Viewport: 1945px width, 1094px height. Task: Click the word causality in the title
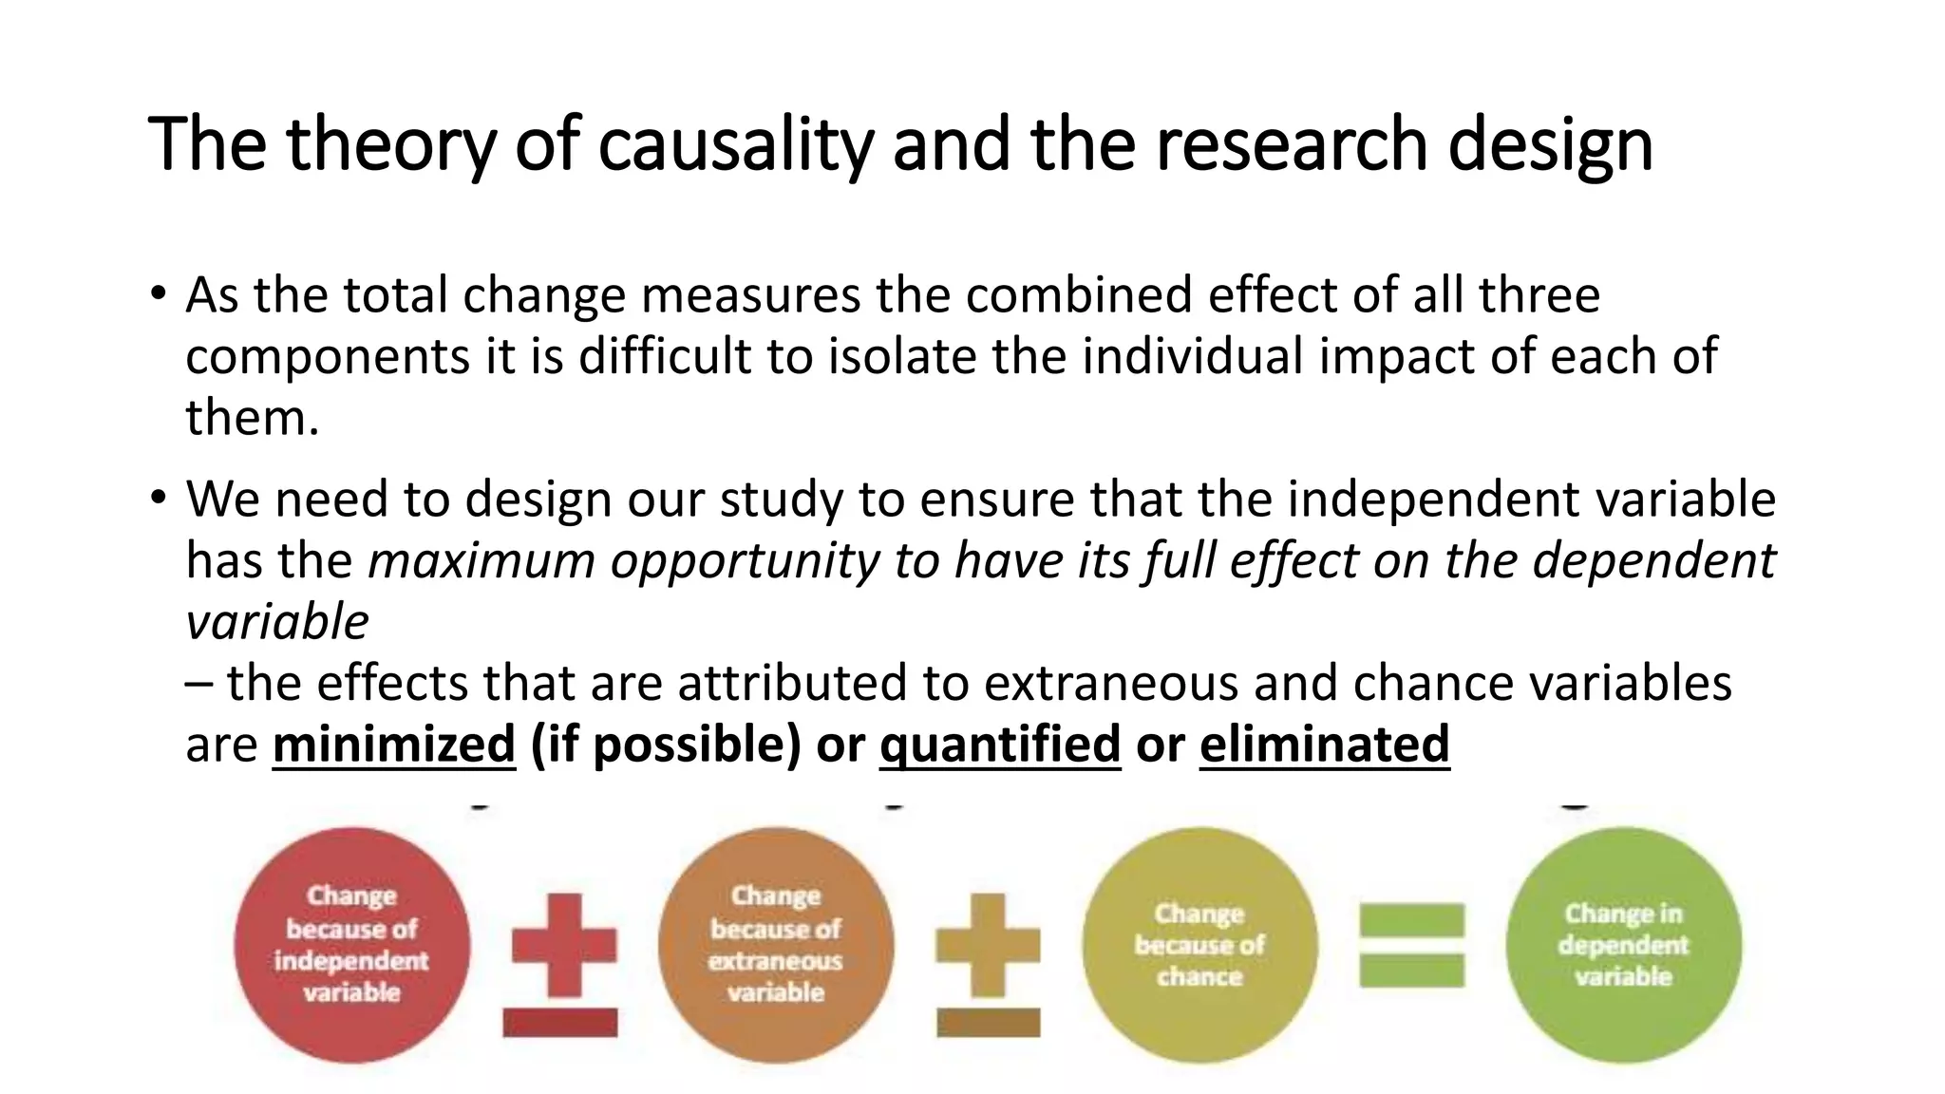click(x=735, y=144)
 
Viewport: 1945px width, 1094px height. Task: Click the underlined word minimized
click(x=393, y=744)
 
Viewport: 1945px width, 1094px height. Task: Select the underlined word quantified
click(x=999, y=744)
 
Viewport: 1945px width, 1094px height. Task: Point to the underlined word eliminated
click(x=1324, y=744)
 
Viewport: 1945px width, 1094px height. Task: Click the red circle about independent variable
click(x=352, y=944)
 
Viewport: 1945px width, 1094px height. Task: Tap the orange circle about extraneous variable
click(x=776, y=944)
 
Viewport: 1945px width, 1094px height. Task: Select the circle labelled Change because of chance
click(x=1199, y=944)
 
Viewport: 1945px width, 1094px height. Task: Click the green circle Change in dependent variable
click(x=1623, y=944)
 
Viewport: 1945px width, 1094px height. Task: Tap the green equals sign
click(x=1411, y=945)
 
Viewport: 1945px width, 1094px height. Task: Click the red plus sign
click(x=564, y=944)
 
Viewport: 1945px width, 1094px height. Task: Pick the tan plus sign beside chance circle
click(x=988, y=944)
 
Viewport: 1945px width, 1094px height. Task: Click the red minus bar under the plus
click(x=560, y=1023)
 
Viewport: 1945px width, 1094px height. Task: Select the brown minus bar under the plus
click(x=988, y=1023)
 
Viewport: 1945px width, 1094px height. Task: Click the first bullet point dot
click(x=159, y=292)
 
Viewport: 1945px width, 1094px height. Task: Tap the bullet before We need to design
click(x=159, y=497)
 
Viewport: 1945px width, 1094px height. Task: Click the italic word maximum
click(x=482, y=560)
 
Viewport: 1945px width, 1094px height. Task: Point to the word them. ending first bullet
click(x=252, y=418)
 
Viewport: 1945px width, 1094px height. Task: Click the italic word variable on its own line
click(x=276, y=622)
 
